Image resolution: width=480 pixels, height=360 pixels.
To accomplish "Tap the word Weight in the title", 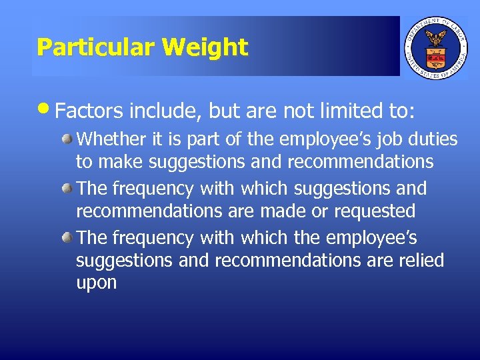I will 205,47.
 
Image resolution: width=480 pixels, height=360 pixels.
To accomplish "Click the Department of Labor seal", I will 437,46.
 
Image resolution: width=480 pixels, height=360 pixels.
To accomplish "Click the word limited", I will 347,111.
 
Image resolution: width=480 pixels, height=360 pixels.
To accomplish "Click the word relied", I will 420,260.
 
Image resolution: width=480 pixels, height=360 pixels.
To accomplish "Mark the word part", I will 208,140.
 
